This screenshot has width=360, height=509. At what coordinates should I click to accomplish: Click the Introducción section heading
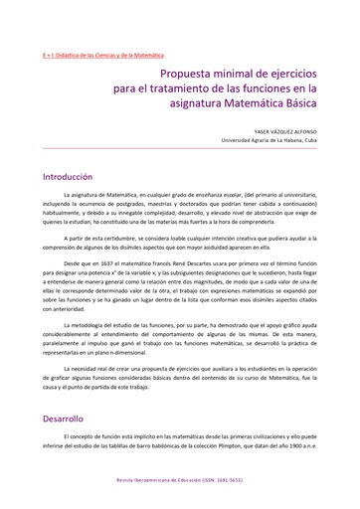click(x=68, y=176)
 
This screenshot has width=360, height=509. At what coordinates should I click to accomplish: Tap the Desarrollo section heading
click(x=63, y=419)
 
